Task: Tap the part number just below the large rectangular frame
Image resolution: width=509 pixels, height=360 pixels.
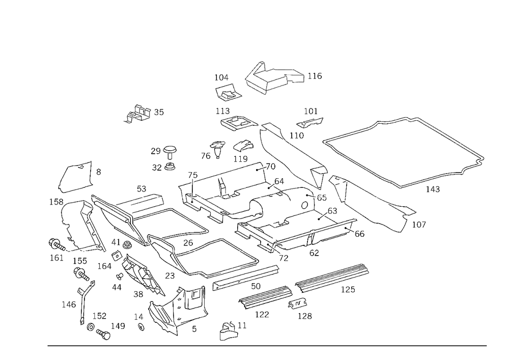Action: tap(436, 190)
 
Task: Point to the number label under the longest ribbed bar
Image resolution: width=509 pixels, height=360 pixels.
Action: tap(348, 290)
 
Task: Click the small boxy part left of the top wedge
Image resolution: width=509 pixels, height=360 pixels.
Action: tap(227, 92)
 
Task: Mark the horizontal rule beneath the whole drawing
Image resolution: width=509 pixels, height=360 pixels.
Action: tap(267, 345)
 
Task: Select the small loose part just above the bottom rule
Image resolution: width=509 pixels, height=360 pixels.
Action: tap(228, 331)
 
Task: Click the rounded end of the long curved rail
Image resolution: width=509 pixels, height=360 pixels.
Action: tap(407, 219)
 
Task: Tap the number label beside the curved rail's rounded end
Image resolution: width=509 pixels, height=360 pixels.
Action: tap(421, 224)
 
